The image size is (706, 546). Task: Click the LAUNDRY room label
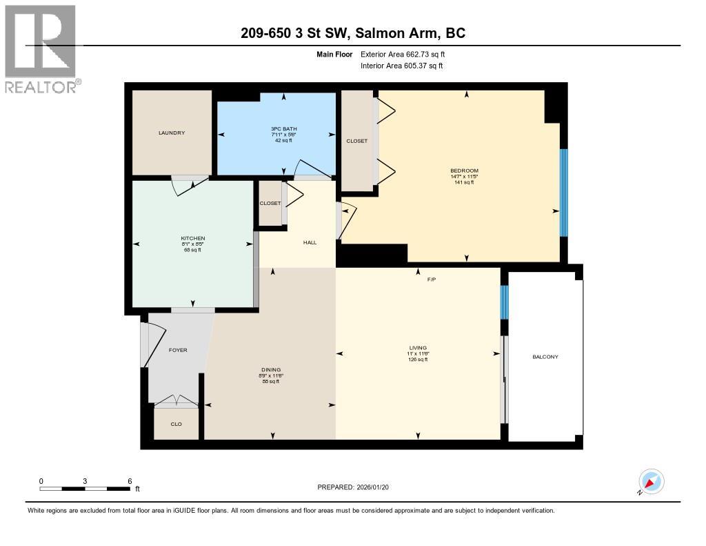(x=171, y=133)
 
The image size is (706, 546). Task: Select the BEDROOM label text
(x=464, y=170)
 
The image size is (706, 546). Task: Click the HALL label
(x=310, y=242)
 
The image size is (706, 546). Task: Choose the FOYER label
(x=178, y=350)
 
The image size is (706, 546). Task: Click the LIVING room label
(x=417, y=348)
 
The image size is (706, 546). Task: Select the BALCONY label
(x=545, y=357)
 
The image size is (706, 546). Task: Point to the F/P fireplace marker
(x=432, y=280)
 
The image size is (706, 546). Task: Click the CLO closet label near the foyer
(x=176, y=424)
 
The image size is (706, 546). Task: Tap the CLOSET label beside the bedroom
(x=356, y=141)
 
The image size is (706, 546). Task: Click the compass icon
(x=651, y=481)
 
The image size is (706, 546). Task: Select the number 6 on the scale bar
(x=129, y=480)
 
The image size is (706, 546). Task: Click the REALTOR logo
(x=41, y=48)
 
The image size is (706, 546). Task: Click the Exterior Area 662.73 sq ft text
(x=407, y=54)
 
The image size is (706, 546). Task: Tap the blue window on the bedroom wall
(x=563, y=193)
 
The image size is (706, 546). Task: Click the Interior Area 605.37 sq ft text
(x=401, y=66)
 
